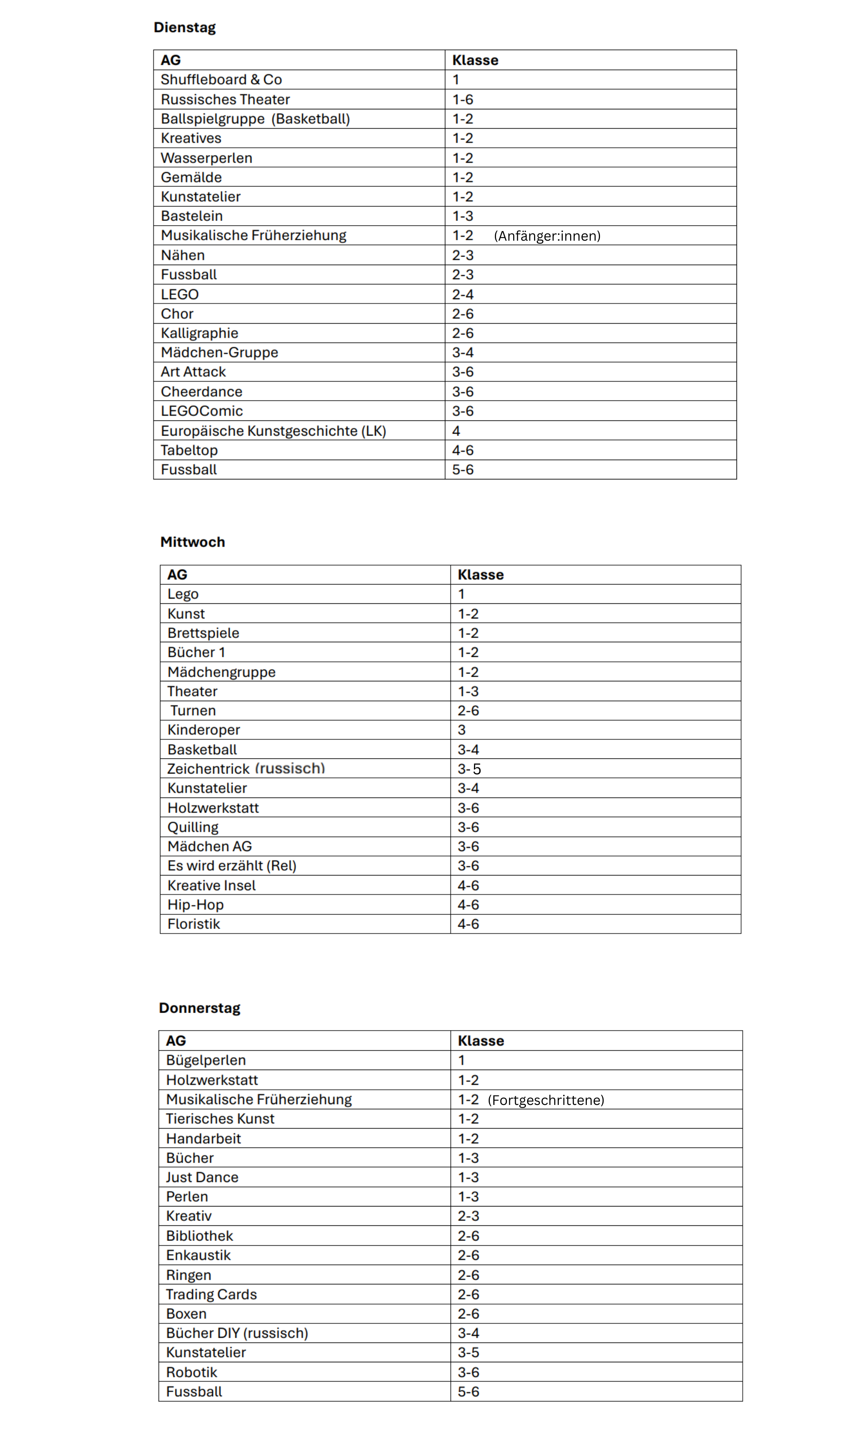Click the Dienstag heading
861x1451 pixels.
tap(185, 27)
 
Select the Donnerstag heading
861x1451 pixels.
tap(200, 1008)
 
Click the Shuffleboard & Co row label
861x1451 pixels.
tap(221, 79)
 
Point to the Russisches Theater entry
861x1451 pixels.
tap(225, 99)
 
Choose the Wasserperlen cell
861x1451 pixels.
tap(207, 158)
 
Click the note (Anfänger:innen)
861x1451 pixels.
tap(547, 236)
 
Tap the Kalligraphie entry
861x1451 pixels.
tap(200, 333)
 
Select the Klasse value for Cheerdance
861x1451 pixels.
tap(463, 391)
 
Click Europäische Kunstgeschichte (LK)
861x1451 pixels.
tap(273, 431)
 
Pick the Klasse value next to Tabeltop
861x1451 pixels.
tap(463, 450)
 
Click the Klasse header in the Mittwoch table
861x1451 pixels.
tap(481, 574)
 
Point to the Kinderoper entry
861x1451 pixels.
tap(204, 730)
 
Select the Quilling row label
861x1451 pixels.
tap(193, 827)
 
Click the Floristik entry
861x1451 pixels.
tap(194, 924)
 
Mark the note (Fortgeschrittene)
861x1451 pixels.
tap(546, 1100)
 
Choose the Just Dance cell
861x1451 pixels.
tap(202, 1177)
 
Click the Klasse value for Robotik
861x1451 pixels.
tap(468, 1372)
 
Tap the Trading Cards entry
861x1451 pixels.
tap(211, 1294)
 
